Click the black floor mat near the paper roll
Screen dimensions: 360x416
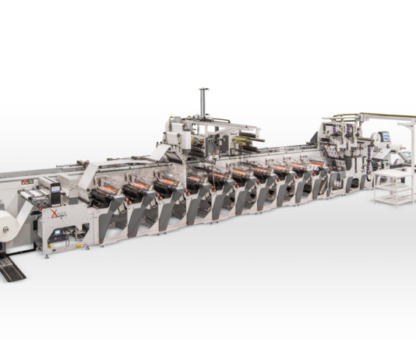pyautogui.click(x=12, y=269)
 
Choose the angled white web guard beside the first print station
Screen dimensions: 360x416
pyautogui.click(x=86, y=175)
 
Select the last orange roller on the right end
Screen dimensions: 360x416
pyautogui.click(x=316, y=164)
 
